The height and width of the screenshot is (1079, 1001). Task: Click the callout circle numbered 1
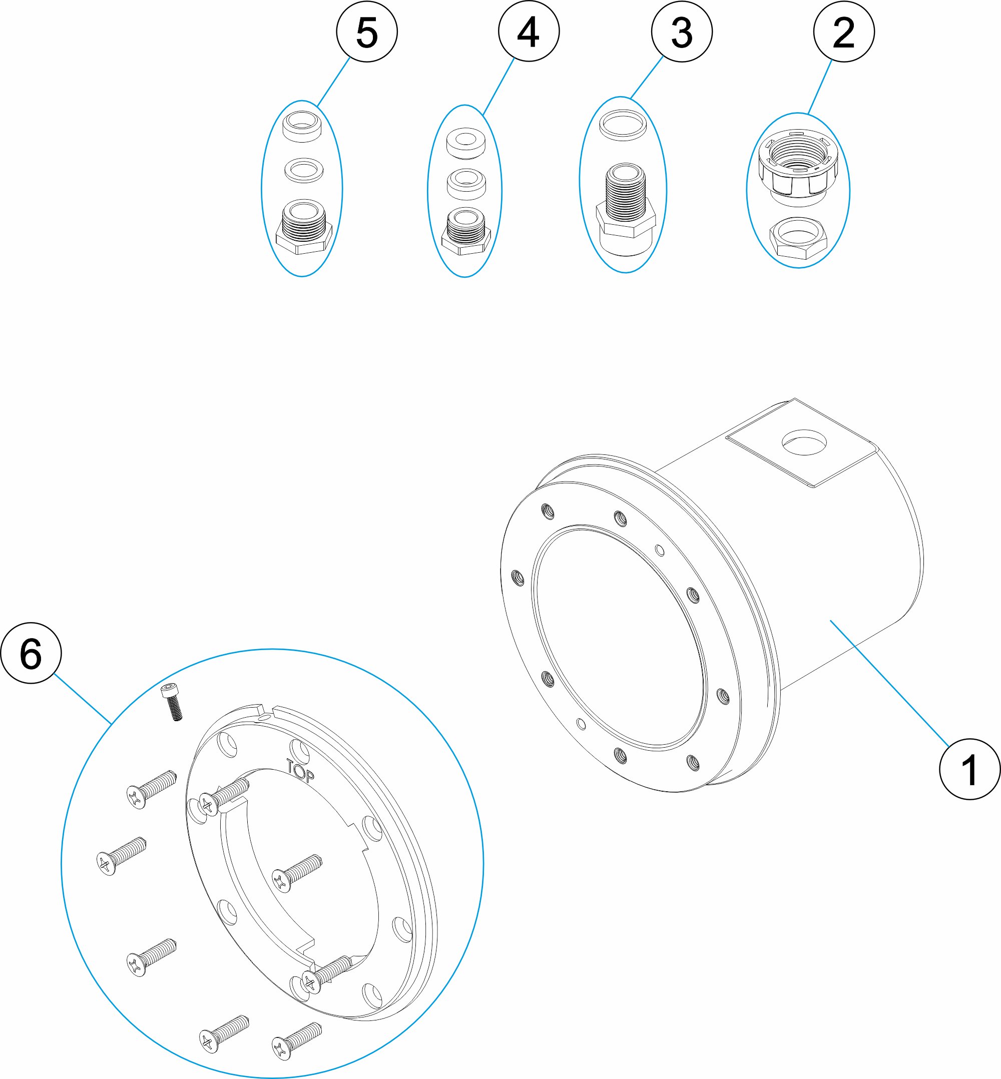pyautogui.click(x=969, y=769)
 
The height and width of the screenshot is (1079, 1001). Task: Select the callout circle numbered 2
pyautogui.click(x=843, y=32)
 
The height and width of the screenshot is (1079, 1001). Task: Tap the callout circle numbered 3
pyautogui.click(x=681, y=32)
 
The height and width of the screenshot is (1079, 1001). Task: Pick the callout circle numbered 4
pyautogui.click(x=529, y=31)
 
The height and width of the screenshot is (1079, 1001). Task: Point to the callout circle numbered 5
pyautogui.click(x=367, y=32)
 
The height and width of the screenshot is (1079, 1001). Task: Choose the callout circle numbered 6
pyautogui.click(x=31, y=653)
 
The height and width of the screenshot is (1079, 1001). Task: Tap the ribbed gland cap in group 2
pyautogui.click(x=798, y=165)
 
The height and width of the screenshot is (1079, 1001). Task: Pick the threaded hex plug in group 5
pyautogui.click(x=303, y=228)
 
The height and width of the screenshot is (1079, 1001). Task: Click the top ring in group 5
pyautogui.click(x=302, y=126)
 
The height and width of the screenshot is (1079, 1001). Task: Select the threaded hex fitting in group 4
pyautogui.click(x=466, y=232)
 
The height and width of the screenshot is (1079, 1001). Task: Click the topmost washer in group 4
pyautogui.click(x=465, y=143)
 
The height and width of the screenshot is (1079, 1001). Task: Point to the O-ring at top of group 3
pyautogui.click(x=623, y=125)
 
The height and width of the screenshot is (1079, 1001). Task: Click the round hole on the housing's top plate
pyautogui.click(x=804, y=442)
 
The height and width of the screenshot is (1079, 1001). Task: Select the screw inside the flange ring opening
pyautogui.click(x=297, y=873)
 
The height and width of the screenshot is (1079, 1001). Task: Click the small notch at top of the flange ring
pyautogui.click(x=267, y=711)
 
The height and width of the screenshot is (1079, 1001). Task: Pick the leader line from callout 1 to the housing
pyautogui.click(x=888, y=683)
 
